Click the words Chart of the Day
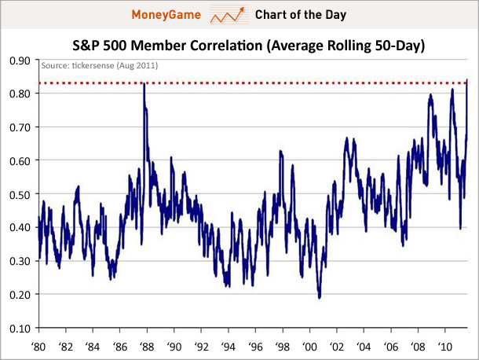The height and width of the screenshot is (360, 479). click(300, 15)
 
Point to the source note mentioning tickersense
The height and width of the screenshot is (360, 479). click(99, 65)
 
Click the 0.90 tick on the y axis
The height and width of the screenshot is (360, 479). click(18, 60)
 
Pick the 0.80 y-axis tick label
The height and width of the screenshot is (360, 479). click(18, 94)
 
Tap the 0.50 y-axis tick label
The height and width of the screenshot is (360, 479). click(18, 194)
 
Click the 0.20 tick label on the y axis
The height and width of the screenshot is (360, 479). click(18, 294)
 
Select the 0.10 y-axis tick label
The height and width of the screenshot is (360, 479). click(18, 328)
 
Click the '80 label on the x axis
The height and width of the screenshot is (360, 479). click(38, 345)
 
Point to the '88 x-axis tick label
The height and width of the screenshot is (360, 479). click(147, 345)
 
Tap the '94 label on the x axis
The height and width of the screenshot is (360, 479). click(229, 345)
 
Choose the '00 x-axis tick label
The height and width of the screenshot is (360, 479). click(310, 345)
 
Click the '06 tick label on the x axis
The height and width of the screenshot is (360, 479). click(392, 345)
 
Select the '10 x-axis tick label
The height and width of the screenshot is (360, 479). click(446, 345)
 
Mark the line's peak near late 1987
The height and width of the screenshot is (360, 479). click(144, 83)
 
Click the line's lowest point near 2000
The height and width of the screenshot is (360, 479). click(320, 297)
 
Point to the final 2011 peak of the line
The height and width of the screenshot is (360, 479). click(468, 79)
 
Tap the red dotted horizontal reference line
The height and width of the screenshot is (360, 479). click(251, 83)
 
